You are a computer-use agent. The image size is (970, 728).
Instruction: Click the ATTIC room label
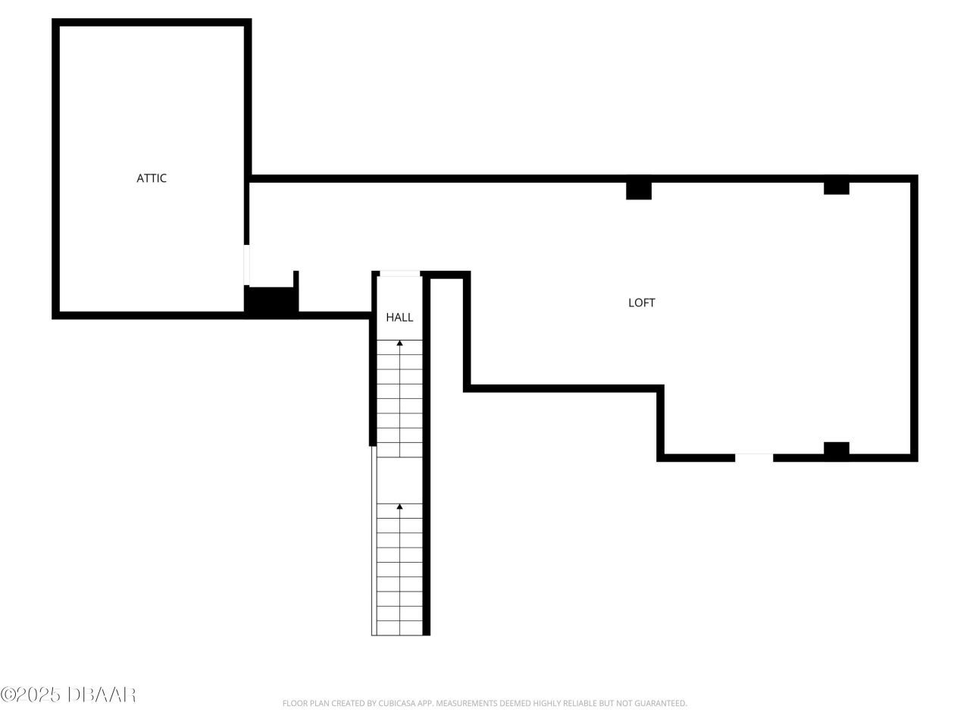coord(152,178)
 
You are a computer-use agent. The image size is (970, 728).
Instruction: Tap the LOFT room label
coord(641,303)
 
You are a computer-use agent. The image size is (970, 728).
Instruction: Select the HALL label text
coord(399,318)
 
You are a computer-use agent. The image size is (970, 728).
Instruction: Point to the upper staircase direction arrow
coord(399,344)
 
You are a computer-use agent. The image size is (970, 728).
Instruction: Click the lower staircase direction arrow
coord(399,507)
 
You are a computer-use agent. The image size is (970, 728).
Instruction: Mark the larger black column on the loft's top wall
coord(639,190)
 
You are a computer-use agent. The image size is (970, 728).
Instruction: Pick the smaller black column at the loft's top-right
coord(837,187)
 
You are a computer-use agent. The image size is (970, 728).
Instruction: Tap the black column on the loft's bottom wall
coord(837,450)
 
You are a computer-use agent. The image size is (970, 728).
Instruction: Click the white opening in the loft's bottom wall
coord(754,457)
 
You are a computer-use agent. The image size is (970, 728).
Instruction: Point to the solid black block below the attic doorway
coord(270,302)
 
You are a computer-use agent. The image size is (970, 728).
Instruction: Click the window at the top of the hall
coord(399,274)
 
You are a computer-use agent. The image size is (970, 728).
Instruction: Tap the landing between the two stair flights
coord(399,479)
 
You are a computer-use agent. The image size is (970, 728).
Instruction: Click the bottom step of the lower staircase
coord(399,629)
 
